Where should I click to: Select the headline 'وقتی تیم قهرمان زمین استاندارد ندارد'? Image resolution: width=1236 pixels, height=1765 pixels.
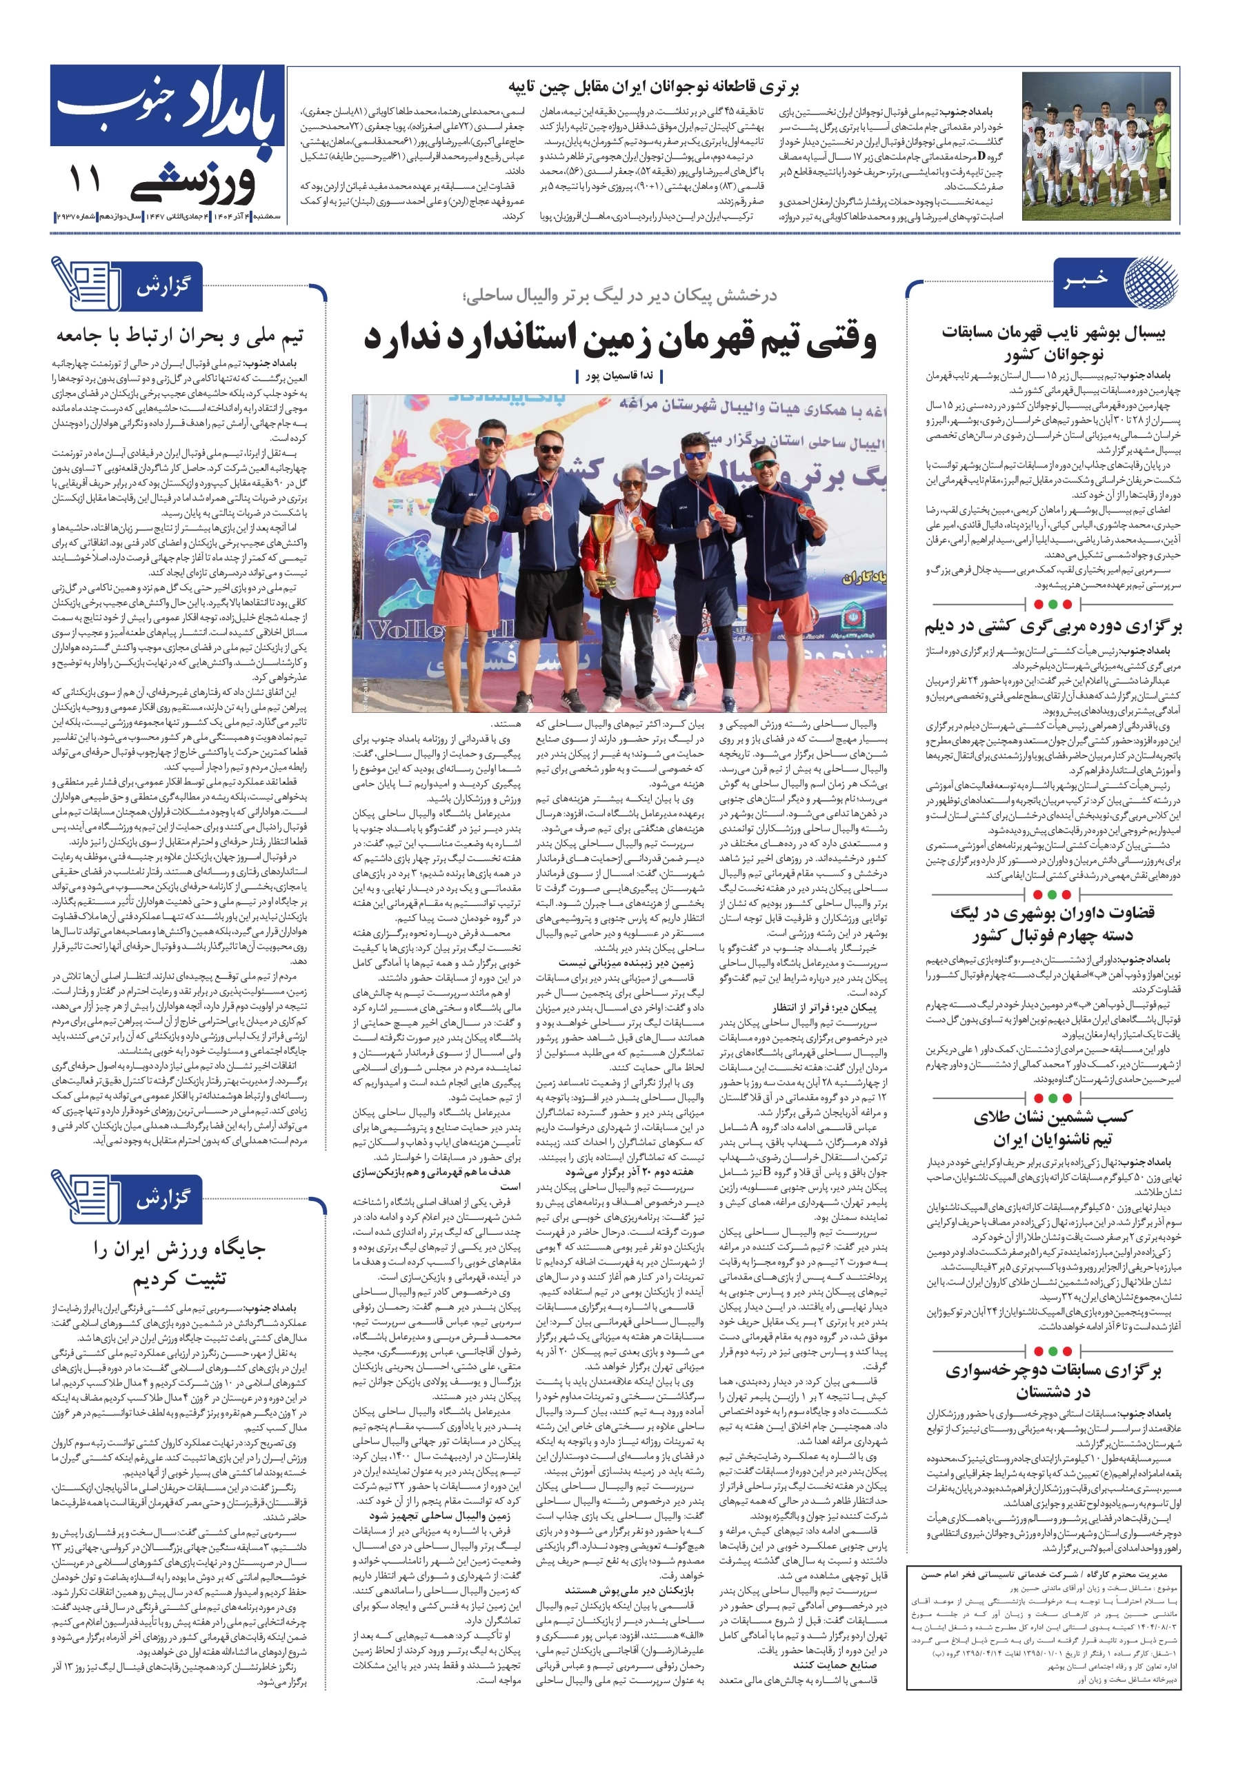(x=620, y=339)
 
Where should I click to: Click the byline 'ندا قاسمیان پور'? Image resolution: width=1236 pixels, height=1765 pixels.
(x=619, y=376)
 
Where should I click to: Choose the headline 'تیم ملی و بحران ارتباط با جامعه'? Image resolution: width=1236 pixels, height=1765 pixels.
(x=179, y=336)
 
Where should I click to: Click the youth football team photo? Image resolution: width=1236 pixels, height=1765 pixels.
(x=1097, y=146)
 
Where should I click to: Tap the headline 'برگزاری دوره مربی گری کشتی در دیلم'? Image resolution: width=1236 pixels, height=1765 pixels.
(x=1052, y=627)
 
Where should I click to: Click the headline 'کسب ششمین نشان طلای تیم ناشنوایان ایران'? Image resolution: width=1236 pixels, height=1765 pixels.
(x=1052, y=1128)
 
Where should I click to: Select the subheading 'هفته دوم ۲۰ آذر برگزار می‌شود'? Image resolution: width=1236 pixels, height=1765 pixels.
(x=628, y=1171)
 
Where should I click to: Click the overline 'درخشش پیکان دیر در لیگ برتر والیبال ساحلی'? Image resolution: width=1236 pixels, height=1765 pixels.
(x=619, y=296)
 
